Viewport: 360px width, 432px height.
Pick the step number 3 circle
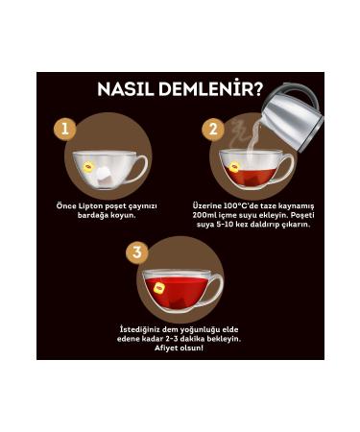(139, 252)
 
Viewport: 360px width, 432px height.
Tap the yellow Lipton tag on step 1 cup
(88, 166)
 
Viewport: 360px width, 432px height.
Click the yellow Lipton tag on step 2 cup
(234, 167)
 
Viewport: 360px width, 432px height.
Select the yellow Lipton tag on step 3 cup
(159, 287)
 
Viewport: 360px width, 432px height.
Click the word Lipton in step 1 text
(88, 205)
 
